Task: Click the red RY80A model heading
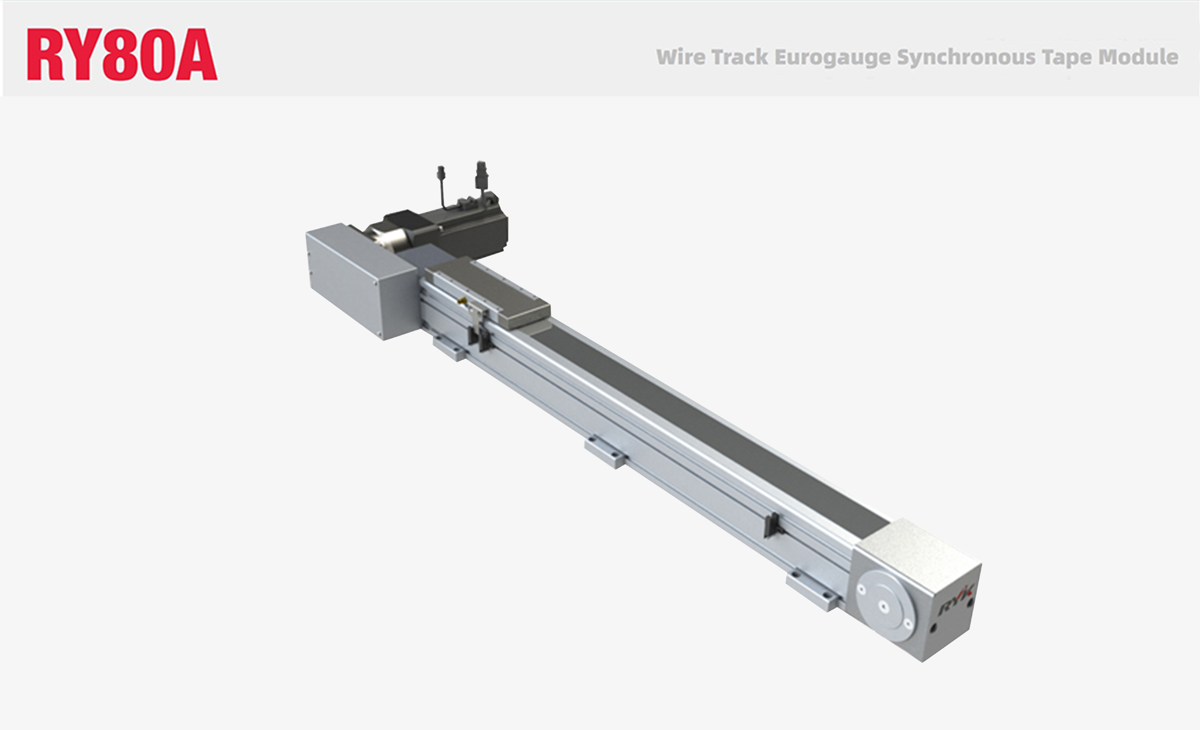pos(122,54)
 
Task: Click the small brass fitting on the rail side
pos(461,301)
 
